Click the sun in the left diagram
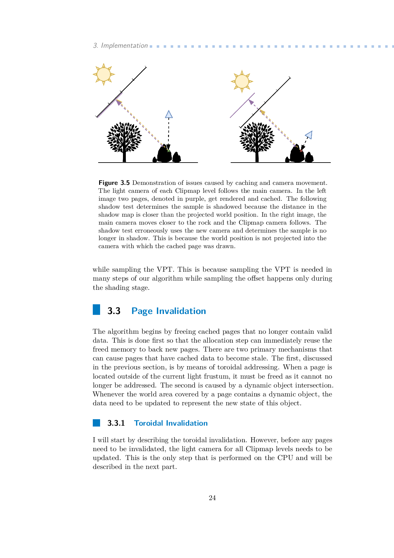click(x=104, y=74)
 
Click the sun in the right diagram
click(x=242, y=81)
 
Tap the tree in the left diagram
click(x=124, y=140)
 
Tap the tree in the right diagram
click(x=257, y=140)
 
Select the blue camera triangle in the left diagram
click(x=169, y=114)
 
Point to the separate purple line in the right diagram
click(x=242, y=105)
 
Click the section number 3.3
click(x=114, y=311)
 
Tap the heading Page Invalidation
click(x=169, y=311)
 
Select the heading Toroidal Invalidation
click(x=171, y=423)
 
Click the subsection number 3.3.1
click(x=116, y=423)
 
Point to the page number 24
click(x=212, y=498)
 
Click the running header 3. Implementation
click(x=120, y=45)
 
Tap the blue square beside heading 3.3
click(x=96, y=310)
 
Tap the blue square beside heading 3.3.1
click(x=96, y=423)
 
